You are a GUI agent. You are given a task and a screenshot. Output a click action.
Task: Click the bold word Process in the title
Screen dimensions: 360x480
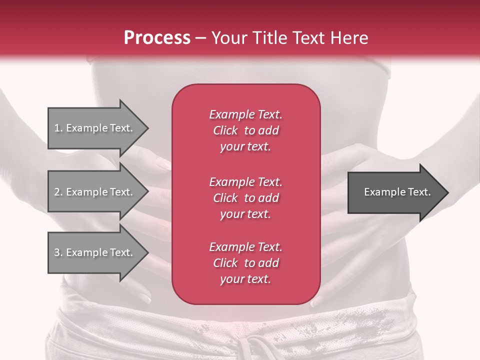click(157, 38)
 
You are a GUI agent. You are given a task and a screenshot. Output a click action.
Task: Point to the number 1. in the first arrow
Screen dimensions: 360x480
click(58, 128)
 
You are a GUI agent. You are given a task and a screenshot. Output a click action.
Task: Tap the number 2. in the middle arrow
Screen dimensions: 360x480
click(58, 192)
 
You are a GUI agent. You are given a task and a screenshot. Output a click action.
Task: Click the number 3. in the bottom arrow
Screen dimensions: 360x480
click(58, 252)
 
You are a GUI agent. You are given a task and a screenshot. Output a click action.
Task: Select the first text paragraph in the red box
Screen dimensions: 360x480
click(245, 130)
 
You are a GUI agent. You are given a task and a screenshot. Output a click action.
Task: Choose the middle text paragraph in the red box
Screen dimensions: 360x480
click(245, 198)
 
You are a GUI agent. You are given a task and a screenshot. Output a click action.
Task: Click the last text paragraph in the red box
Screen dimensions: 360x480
click(245, 263)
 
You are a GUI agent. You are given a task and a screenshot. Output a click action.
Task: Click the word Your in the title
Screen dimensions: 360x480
click(229, 38)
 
